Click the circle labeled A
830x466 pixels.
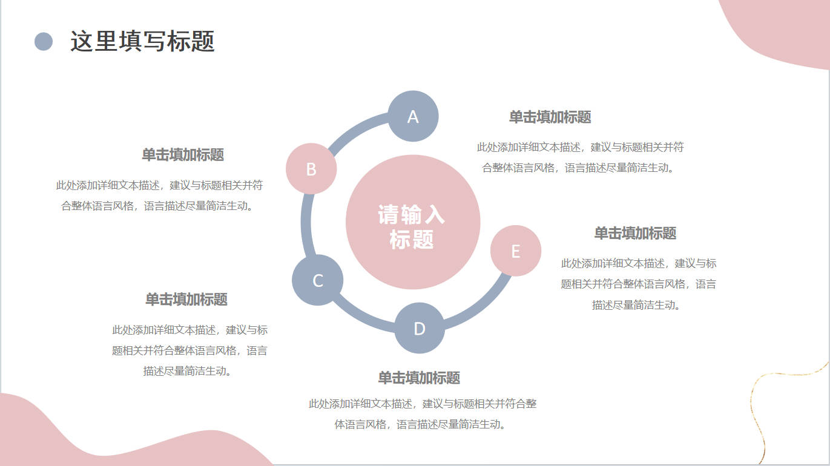tap(413, 116)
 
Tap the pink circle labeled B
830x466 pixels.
tap(311, 169)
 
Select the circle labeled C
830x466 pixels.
tap(318, 280)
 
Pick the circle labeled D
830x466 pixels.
tap(420, 328)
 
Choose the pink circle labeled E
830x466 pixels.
tap(516, 251)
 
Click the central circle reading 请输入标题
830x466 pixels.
tap(412, 222)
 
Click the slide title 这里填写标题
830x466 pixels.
tap(142, 42)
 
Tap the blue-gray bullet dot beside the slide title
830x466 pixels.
tap(44, 42)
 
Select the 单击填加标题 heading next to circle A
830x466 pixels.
tap(550, 117)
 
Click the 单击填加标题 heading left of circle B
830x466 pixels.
tap(183, 154)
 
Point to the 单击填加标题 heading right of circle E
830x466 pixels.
tap(635, 233)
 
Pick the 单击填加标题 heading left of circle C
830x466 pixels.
tap(186, 299)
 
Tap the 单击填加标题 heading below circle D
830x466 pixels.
tap(419, 378)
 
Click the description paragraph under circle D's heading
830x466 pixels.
tap(422, 414)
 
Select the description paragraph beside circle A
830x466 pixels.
tap(580, 157)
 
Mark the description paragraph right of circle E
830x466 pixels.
tap(638, 284)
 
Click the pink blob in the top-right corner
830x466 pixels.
tap(781, 30)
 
